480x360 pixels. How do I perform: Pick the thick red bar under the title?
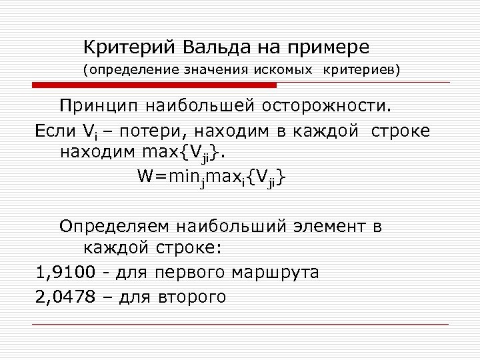[x=154, y=85]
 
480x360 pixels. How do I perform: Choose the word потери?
[x=136, y=131]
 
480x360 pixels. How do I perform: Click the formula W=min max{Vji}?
[x=213, y=177]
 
